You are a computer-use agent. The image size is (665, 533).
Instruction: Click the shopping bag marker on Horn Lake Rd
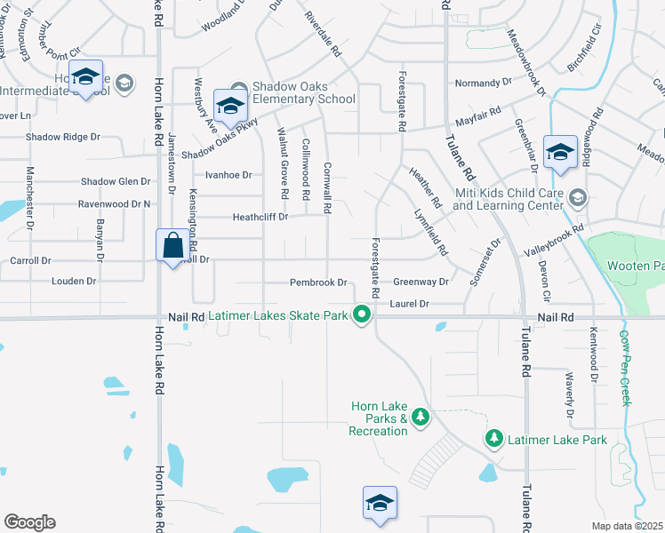coord(172,245)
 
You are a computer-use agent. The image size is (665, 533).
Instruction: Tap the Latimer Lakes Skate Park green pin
coord(362,315)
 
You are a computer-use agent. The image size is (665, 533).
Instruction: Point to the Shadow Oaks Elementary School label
coord(291,92)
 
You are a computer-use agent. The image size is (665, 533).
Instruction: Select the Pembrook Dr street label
coord(318,282)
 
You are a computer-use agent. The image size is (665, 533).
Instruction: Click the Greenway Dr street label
coord(421,282)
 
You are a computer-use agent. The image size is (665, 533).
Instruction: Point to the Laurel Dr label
coord(410,304)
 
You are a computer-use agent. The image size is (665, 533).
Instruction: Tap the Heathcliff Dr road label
coord(260,217)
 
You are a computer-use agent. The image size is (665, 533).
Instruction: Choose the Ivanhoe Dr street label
coord(229,175)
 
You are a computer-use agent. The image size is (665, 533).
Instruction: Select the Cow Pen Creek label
coord(624,368)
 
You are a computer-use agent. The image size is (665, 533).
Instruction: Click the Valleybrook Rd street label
coord(554,241)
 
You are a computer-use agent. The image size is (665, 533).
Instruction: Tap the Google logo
coord(29,522)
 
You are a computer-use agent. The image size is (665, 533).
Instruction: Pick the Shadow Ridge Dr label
coord(63,137)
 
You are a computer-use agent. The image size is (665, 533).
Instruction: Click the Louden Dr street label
coord(74,281)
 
